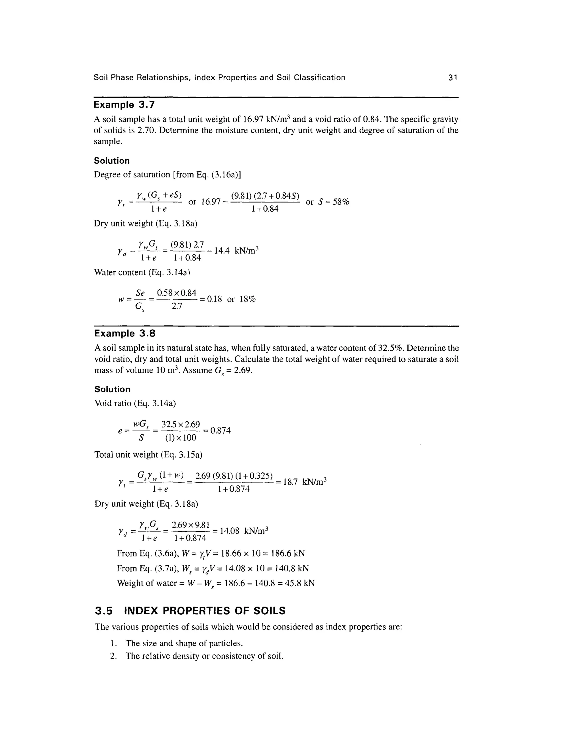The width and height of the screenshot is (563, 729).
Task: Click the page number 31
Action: click(x=452, y=78)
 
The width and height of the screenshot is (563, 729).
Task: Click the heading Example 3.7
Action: click(x=124, y=105)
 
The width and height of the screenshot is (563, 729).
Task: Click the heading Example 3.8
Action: click(x=125, y=333)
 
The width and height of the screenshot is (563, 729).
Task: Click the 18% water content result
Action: click(x=247, y=299)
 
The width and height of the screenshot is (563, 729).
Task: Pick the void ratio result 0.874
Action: click(x=220, y=431)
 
